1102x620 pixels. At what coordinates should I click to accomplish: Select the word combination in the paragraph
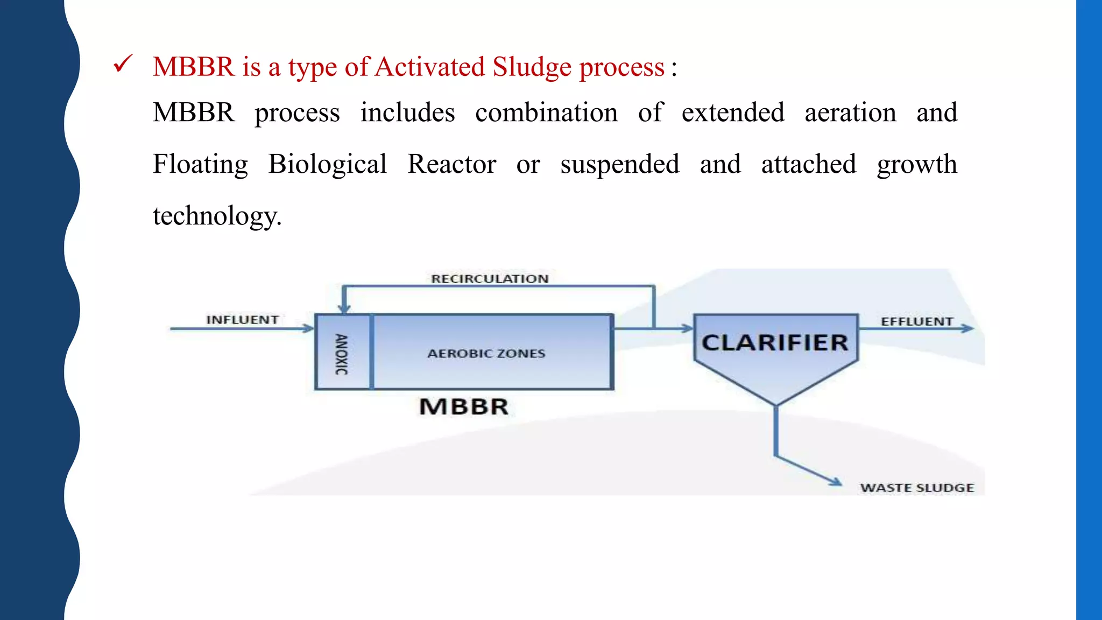click(x=546, y=113)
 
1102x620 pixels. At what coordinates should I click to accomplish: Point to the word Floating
click(x=200, y=165)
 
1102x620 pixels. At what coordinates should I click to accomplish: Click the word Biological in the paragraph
click(x=327, y=165)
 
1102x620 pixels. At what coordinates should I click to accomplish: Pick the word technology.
click(x=216, y=216)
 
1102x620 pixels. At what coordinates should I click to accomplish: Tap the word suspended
click(x=619, y=165)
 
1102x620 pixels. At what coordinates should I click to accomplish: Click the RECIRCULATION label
click(x=490, y=279)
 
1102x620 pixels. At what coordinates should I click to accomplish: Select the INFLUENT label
click(x=243, y=320)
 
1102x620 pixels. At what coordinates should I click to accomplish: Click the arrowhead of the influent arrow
click(x=309, y=328)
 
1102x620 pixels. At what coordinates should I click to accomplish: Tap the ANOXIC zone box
click(x=342, y=353)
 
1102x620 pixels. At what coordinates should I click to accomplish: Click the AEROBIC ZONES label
click(x=486, y=354)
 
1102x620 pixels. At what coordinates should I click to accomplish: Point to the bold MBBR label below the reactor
click(x=464, y=407)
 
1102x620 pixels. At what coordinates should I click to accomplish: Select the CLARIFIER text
click(x=775, y=343)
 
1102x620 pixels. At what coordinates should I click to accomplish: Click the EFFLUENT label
click(x=917, y=321)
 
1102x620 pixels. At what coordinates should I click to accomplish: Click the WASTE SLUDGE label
click(x=917, y=488)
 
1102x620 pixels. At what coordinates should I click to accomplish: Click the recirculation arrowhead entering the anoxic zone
click(x=344, y=309)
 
